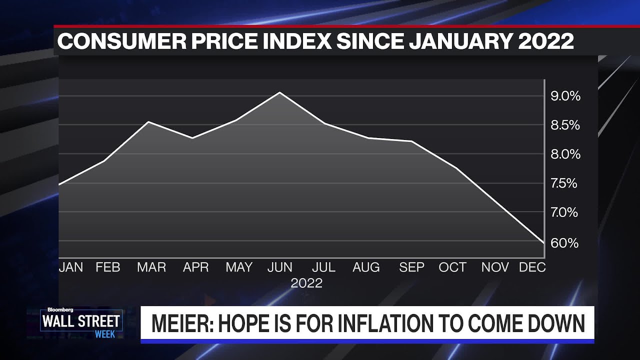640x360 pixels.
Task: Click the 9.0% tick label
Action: (565, 96)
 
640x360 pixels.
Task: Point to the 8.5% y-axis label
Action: (565, 125)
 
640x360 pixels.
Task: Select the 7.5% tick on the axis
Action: (564, 183)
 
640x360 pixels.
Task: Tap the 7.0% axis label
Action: (564, 212)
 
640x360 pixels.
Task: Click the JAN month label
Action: (71, 267)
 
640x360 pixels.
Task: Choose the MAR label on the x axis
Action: (151, 267)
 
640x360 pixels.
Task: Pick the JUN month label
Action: (280, 267)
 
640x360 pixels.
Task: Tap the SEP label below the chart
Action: (411, 267)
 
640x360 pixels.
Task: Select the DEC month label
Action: (532, 267)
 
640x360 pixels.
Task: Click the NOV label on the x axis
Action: (495, 267)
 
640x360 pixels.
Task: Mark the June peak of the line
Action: (279, 92)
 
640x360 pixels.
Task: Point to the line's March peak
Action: (148, 121)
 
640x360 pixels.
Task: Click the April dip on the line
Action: (192, 138)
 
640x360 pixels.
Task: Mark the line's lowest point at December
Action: (543, 243)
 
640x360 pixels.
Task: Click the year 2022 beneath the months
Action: (306, 283)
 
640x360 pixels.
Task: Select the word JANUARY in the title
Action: (460, 41)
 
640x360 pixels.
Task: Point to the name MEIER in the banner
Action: (182, 323)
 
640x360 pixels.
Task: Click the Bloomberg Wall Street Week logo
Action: (81, 323)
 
